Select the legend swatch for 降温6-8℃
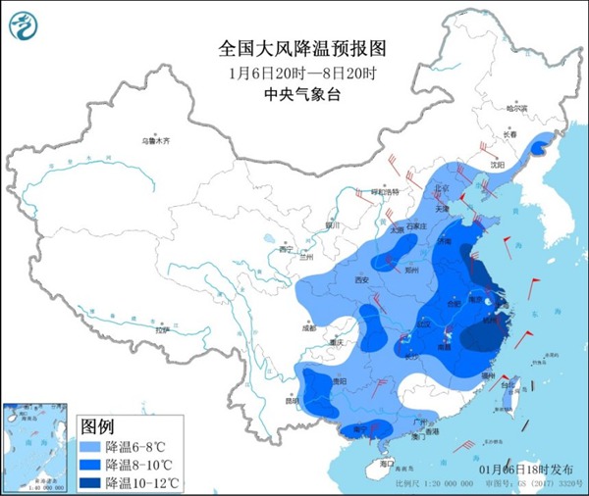91,445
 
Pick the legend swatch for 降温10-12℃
91,481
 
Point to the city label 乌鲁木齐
155,141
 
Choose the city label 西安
360,280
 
